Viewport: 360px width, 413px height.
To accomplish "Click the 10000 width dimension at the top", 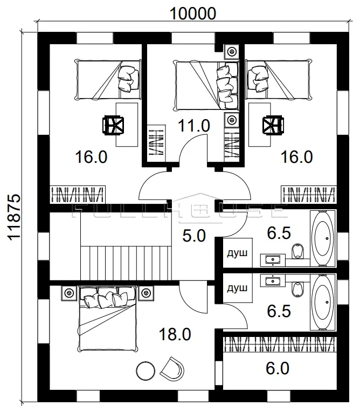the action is point(193,13).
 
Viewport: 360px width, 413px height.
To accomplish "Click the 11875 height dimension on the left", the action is point(13,217).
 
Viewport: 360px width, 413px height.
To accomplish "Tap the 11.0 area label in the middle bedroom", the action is point(194,126).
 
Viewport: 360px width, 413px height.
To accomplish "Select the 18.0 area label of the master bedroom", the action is point(175,334).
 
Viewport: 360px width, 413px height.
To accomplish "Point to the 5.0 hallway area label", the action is point(194,236).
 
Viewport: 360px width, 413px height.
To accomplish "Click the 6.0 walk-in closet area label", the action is point(278,368).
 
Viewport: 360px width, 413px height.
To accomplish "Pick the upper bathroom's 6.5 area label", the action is point(279,233).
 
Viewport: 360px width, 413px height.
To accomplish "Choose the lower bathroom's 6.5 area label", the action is point(279,311).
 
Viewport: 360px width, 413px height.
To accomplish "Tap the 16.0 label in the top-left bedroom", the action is point(91,157).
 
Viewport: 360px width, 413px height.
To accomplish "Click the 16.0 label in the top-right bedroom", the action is point(297,157).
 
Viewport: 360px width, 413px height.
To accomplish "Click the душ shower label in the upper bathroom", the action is point(237,253).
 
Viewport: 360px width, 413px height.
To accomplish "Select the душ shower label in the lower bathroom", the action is point(237,288).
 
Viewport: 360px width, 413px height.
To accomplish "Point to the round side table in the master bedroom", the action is point(146,371).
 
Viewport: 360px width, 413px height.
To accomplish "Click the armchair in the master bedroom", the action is point(172,368).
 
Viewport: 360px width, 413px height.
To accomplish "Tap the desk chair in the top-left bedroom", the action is point(113,125).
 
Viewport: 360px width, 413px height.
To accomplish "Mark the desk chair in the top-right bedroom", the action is point(273,125).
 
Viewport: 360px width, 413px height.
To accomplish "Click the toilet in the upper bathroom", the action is point(298,251).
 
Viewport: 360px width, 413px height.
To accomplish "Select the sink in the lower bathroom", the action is point(273,280).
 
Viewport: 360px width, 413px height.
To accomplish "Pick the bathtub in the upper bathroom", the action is point(323,238).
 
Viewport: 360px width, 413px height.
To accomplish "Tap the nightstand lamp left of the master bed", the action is point(70,293).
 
